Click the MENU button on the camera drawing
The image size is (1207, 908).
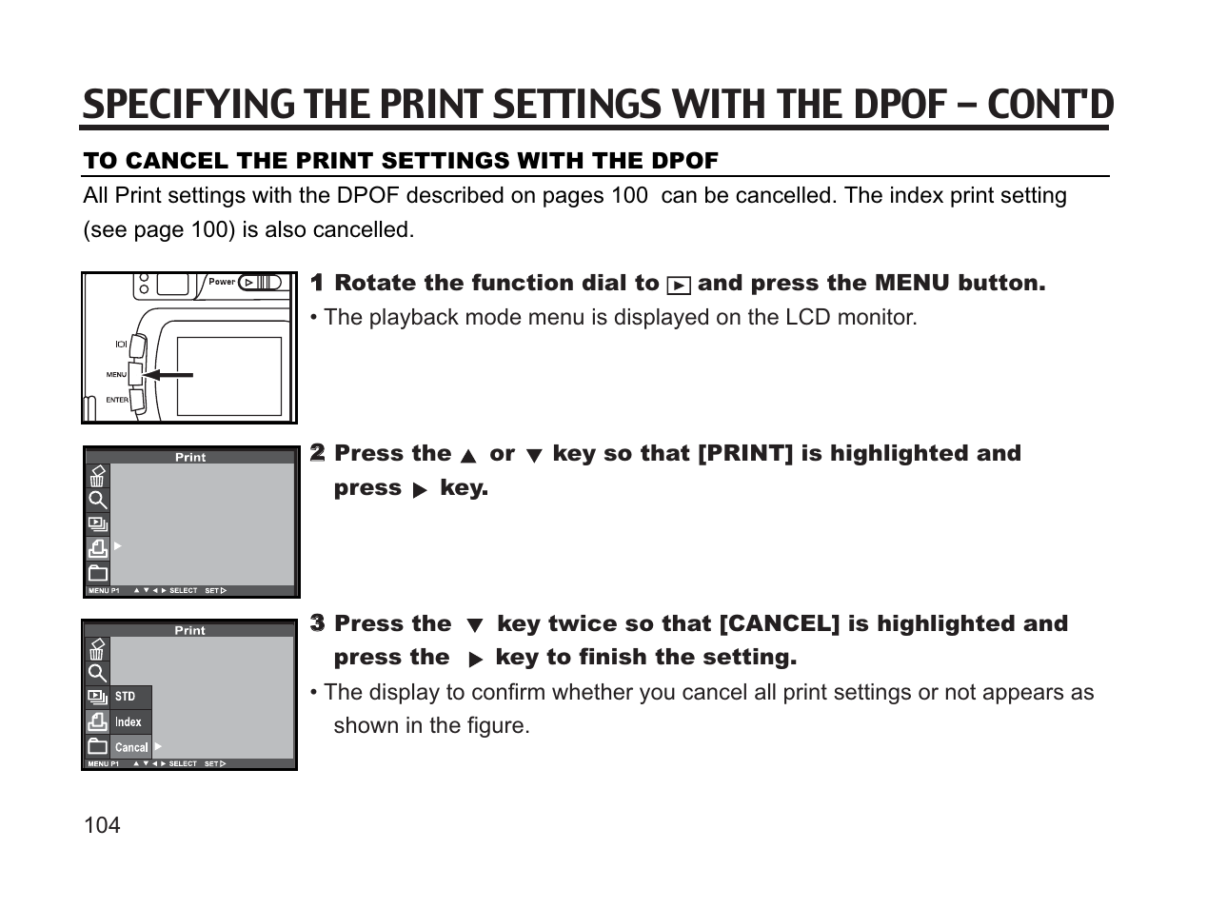coord(135,374)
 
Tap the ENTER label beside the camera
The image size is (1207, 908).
coord(117,400)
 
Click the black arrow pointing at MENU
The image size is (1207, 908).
coord(168,375)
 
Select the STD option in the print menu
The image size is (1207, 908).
coord(126,697)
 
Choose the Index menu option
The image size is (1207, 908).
coord(129,722)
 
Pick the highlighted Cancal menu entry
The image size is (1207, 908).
coord(131,747)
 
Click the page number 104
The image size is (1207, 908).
coord(102,825)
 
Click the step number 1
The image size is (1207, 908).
coord(317,283)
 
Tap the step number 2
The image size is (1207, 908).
coord(317,453)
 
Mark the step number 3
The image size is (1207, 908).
coord(317,623)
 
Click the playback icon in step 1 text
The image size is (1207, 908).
coord(678,285)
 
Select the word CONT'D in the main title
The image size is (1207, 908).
coord(1050,105)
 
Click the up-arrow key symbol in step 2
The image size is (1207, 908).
coord(467,456)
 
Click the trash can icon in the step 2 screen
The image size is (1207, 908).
coord(97,476)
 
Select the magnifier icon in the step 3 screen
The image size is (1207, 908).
coord(97,674)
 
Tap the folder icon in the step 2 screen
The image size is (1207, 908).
coord(97,573)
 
